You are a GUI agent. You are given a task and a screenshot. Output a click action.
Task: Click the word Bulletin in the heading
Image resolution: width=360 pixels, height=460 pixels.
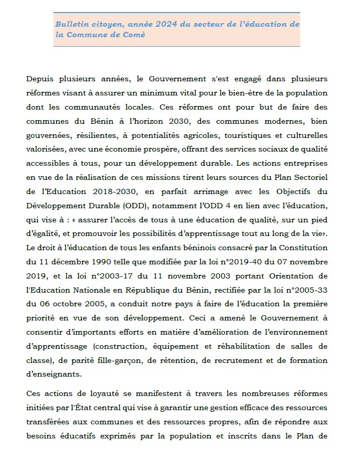(72, 25)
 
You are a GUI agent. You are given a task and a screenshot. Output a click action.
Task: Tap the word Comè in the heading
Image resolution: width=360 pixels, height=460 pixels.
(134, 35)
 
